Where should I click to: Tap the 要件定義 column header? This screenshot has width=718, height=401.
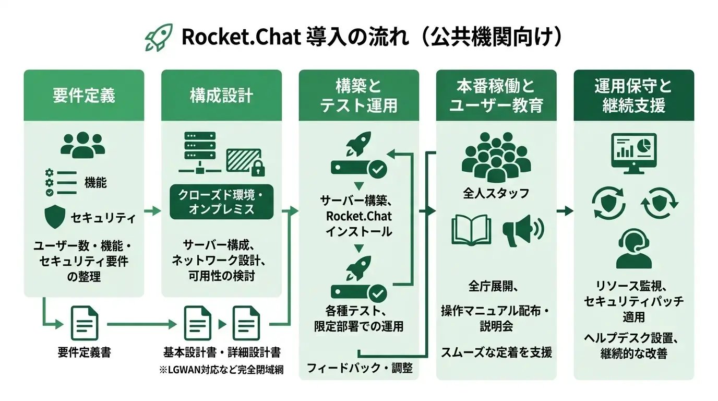click(x=83, y=96)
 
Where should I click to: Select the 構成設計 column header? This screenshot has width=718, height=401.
click(x=221, y=96)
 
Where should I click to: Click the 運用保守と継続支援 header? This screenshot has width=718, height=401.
click(x=633, y=96)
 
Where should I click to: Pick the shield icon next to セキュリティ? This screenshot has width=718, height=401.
click(x=56, y=217)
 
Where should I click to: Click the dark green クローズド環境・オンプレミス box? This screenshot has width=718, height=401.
click(x=221, y=202)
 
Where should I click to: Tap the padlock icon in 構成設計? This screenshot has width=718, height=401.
click(x=256, y=168)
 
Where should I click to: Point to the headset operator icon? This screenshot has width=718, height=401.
click(x=633, y=250)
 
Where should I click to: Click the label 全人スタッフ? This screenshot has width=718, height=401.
click(x=496, y=193)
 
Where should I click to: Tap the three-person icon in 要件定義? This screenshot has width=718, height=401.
click(x=82, y=144)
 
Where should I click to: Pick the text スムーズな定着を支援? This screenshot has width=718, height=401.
click(x=496, y=352)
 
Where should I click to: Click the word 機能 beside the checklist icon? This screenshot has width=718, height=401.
click(x=95, y=182)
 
